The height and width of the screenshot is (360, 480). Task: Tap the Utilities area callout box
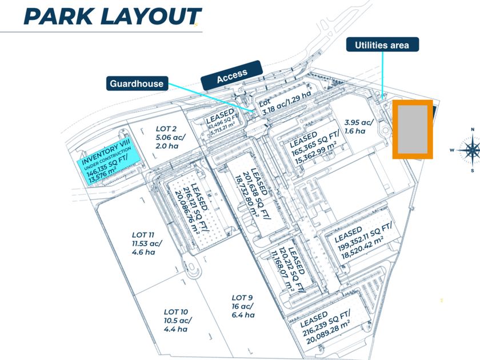tap(382, 45)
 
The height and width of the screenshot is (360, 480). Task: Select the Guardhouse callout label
tap(136, 84)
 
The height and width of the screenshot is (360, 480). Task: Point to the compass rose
tap(472, 150)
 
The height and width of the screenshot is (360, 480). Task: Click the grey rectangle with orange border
tap(412, 130)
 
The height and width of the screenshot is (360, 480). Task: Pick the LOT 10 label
tap(176, 320)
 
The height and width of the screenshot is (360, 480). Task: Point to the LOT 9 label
tap(243, 306)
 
